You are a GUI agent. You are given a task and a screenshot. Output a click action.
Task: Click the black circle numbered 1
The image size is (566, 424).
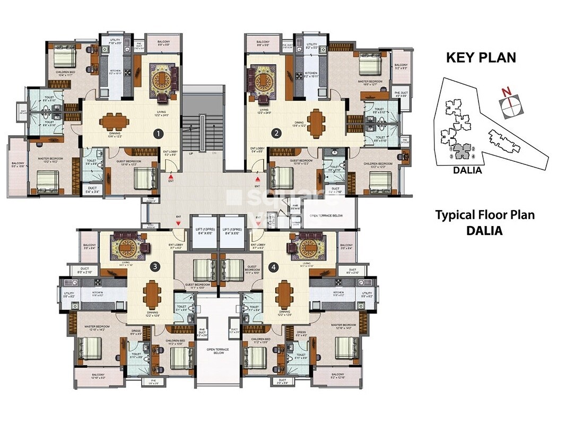tap(157, 134)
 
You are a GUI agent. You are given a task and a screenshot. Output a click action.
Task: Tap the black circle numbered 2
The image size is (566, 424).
tap(276, 134)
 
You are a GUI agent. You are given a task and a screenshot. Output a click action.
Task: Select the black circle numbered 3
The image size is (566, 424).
tap(155, 266)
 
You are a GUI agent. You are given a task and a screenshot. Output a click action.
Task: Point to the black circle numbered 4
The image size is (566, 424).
tap(273, 266)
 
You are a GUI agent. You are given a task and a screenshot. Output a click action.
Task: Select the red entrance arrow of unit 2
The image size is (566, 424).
tap(257, 179)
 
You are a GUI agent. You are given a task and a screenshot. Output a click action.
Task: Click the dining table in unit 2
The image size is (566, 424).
tap(316, 122)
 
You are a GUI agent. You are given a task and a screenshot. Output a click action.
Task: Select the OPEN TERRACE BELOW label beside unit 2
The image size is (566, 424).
tap(328, 216)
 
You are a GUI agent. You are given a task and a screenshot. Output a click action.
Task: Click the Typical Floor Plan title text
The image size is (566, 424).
tap(485, 215)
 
